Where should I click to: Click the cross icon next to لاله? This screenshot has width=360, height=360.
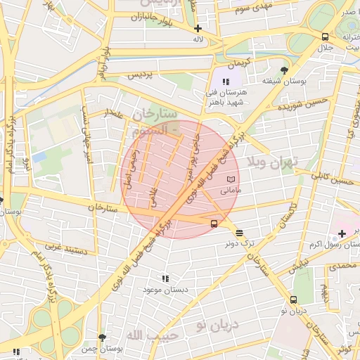point(198,29)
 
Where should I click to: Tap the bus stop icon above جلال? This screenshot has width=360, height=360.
point(325,37)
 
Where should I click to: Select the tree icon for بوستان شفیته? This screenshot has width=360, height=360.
point(283,70)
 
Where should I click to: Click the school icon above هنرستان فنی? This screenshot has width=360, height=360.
point(226,82)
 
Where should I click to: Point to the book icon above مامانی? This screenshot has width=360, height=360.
point(231,180)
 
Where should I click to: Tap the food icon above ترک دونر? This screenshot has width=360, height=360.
point(239,233)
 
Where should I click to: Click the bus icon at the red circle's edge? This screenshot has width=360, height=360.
point(213,224)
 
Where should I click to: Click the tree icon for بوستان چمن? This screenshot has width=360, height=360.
point(103,338)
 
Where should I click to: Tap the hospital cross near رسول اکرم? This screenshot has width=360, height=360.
point(342,233)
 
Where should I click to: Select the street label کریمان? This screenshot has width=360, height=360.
point(239,63)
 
